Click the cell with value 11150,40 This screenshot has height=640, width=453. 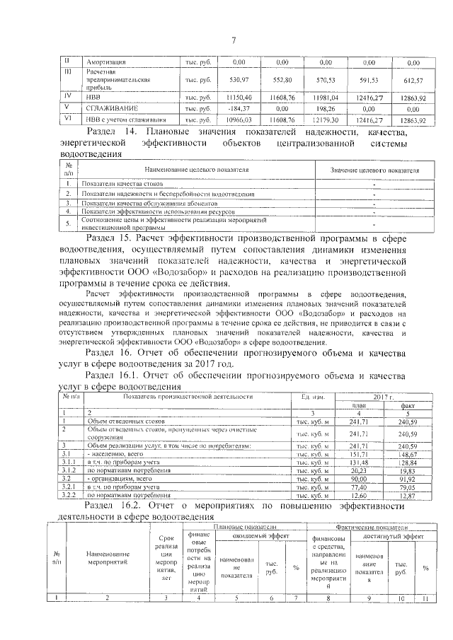(234, 96)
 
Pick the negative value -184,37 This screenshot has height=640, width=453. (234, 109)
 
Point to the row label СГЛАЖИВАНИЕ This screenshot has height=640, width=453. (112, 109)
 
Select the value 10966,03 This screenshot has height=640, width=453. (234, 121)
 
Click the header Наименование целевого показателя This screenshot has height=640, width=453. (197, 171)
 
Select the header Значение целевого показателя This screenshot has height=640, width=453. (375, 171)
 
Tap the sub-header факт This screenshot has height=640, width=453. (409, 405)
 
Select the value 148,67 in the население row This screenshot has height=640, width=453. (409, 454)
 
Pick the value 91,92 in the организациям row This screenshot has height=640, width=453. (409, 479)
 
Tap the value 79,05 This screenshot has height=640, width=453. (409, 488)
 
